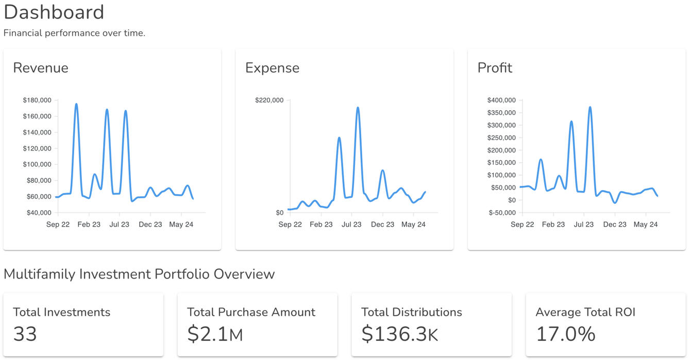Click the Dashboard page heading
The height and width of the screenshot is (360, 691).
54,12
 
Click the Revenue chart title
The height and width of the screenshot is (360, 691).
41,68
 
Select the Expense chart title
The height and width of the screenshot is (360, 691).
272,68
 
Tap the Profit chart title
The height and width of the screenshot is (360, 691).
495,68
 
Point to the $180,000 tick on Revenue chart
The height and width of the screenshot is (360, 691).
37,100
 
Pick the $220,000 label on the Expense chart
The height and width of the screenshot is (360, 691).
269,100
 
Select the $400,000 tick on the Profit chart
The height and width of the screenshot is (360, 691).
501,100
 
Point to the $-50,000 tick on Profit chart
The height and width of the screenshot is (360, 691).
502,213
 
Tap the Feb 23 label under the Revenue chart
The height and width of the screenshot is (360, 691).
89,225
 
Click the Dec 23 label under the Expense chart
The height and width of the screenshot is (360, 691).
382,225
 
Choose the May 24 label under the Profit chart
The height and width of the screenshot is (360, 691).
646,225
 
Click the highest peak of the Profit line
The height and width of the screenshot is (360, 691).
590,107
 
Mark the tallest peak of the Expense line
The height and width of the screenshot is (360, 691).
358,108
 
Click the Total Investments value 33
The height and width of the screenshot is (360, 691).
25,334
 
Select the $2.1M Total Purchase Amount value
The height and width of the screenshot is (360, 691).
215,334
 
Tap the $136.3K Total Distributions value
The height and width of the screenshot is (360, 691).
399,334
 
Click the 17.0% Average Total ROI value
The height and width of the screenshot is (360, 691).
566,334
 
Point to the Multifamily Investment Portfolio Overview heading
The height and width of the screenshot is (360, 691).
139,274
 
